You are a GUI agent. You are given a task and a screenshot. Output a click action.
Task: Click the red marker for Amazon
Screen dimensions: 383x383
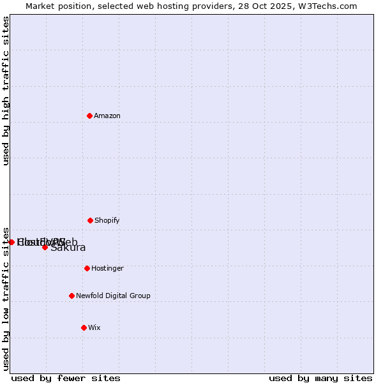(89, 116)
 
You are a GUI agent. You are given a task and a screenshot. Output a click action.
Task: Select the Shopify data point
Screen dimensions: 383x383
(90, 220)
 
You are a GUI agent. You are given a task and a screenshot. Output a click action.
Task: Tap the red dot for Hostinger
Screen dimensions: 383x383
(87, 268)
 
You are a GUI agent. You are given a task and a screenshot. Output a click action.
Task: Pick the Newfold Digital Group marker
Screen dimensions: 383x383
(71, 296)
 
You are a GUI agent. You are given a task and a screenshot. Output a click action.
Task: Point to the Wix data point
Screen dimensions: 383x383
(84, 327)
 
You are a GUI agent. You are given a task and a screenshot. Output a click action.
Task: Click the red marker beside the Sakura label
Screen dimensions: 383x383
(45, 247)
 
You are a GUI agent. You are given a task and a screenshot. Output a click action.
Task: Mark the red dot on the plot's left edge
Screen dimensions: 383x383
(11, 242)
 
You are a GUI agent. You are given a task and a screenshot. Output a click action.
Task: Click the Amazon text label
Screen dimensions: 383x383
(107, 116)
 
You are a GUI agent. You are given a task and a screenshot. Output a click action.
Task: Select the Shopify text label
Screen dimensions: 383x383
(107, 220)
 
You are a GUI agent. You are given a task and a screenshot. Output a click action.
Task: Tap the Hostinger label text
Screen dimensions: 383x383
(107, 268)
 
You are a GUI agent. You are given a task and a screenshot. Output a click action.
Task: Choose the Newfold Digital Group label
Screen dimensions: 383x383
(113, 296)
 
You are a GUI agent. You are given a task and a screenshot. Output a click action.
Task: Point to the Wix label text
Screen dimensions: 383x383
(94, 327)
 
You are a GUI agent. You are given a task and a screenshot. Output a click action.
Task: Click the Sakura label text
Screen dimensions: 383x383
(68, 248)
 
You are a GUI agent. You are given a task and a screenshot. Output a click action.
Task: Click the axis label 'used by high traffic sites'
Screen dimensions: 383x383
(6, 91)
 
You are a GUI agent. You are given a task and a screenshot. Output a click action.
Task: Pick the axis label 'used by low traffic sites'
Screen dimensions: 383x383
(6, 298)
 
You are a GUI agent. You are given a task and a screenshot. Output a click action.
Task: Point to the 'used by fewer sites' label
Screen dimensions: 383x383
(66, 378)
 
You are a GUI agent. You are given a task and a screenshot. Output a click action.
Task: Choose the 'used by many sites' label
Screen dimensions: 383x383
(320, 378)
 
